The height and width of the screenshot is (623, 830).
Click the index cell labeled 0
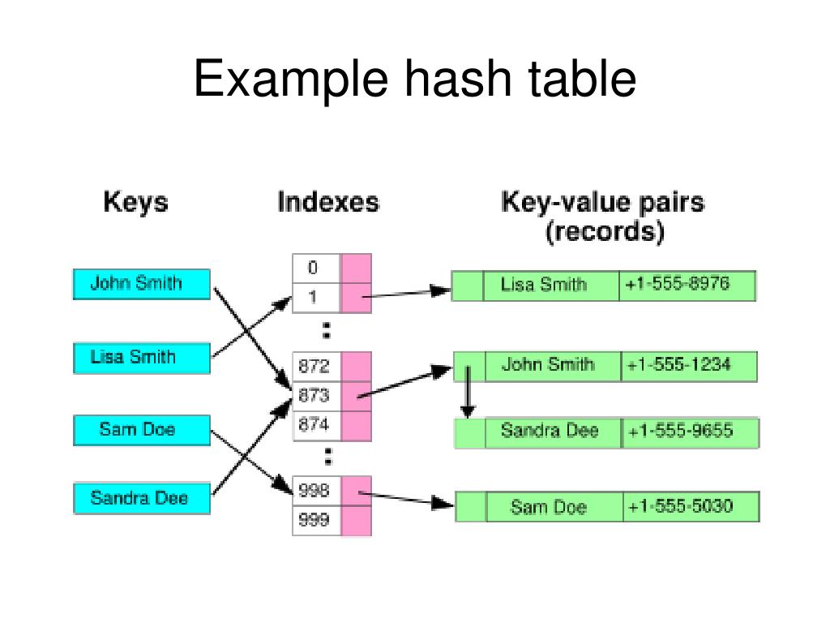point(315,269)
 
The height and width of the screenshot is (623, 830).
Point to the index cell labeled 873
point(315,396)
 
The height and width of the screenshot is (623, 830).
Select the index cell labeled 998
point(315,490)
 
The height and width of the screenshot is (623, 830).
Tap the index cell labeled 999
point(315,521)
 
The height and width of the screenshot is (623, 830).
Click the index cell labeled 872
point(315,366)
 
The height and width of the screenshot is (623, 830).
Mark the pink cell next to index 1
point(356,298)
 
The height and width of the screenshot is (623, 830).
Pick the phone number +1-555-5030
point(690,507)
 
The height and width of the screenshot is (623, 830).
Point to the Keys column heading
point(136,202)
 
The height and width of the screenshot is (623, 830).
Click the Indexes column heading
point(328,202)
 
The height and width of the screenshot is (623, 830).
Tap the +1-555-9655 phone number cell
point(690,432)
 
